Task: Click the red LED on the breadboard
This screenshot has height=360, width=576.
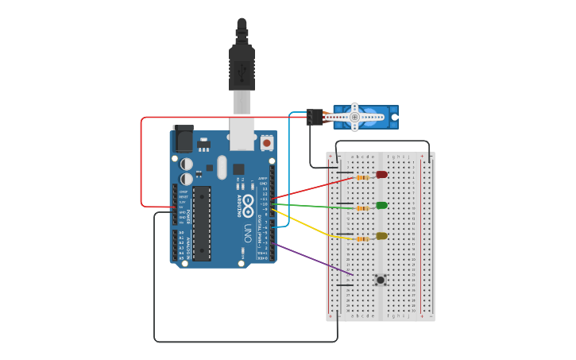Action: tap(381, 174)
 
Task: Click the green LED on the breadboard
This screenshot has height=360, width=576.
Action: tap(381, 206)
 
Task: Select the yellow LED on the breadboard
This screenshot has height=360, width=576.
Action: tap(381, 236)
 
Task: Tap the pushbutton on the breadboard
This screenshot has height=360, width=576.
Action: tap(381, 280)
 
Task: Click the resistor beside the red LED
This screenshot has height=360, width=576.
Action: tap(362, 177)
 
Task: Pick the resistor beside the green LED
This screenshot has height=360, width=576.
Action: tap(362, 208)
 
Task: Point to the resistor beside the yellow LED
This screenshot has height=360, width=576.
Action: tap(362, 238)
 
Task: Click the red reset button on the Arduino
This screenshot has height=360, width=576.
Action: tap(266, 143)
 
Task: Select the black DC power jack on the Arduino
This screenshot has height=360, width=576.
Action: tap(184, 139)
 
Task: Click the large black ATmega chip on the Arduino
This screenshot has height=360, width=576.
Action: tap(202, 223)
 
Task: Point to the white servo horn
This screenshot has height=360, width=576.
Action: tap(355, 117)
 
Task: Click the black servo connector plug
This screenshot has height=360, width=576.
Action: tap(314, 117)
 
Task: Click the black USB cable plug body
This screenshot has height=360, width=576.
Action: tap(242, 68)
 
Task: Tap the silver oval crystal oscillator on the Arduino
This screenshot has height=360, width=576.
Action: tap(222, 168)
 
